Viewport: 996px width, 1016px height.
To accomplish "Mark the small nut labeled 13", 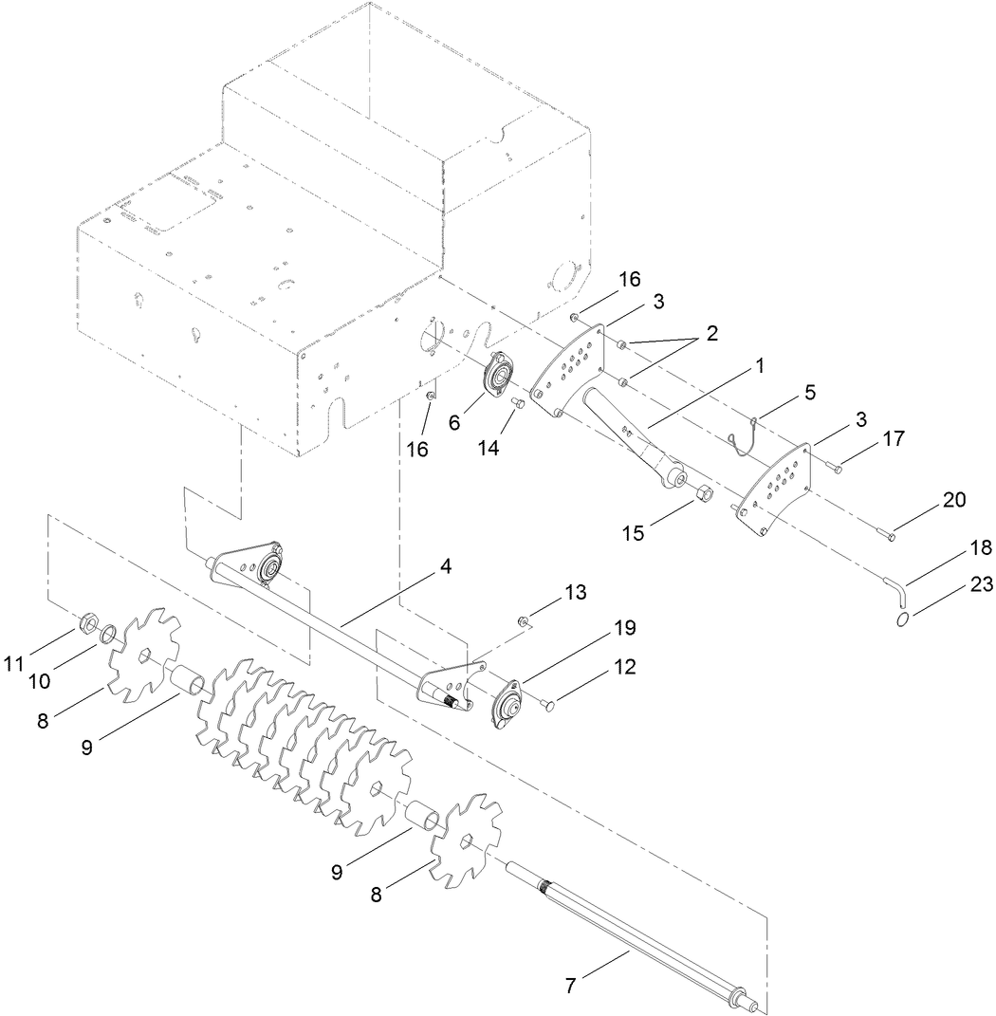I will point(524,621).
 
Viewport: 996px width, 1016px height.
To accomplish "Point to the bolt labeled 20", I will point(890,537).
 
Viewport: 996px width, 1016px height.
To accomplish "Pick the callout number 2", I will point(710,334).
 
